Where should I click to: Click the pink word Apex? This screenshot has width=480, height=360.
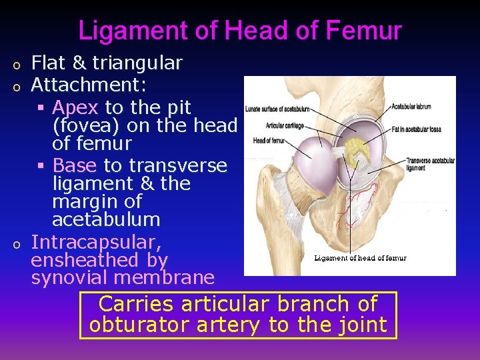click(75, 107)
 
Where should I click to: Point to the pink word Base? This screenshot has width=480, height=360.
click(75, 165)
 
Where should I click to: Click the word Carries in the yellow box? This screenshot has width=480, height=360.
click(135, 304)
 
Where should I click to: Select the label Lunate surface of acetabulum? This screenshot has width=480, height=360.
click(277, 109)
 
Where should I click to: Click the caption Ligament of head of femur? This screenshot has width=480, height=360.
click(360, 258)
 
